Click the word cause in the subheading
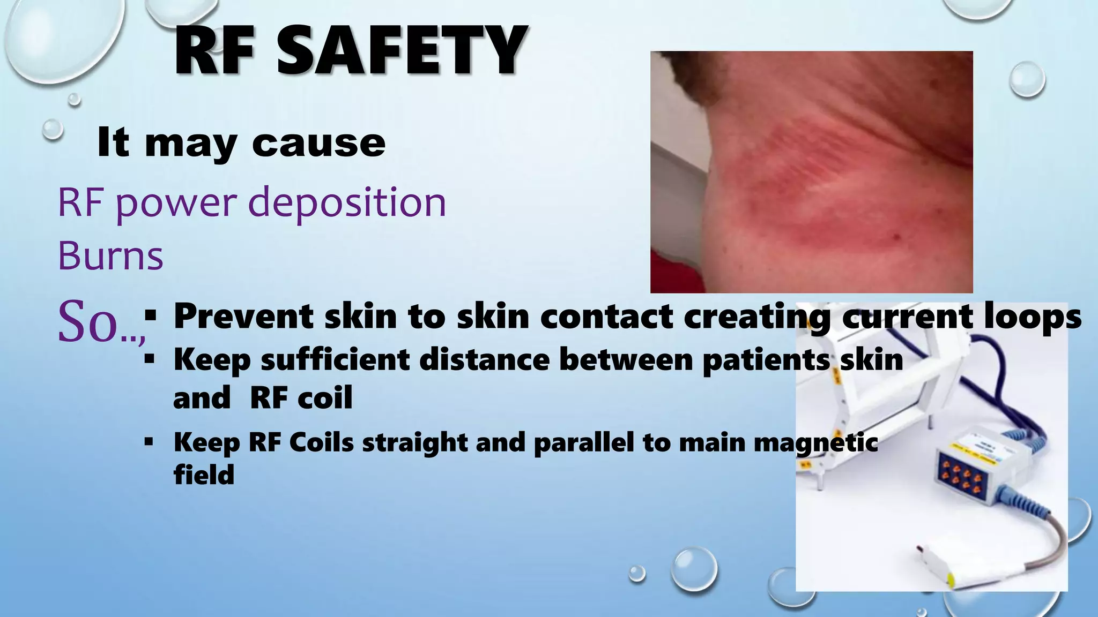pos(318,143)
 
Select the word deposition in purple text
pos(347,204)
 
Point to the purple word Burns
pos(110,256)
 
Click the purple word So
pos(88,321)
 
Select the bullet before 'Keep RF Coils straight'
pos(149,442)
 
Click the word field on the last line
pos(204,475)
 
